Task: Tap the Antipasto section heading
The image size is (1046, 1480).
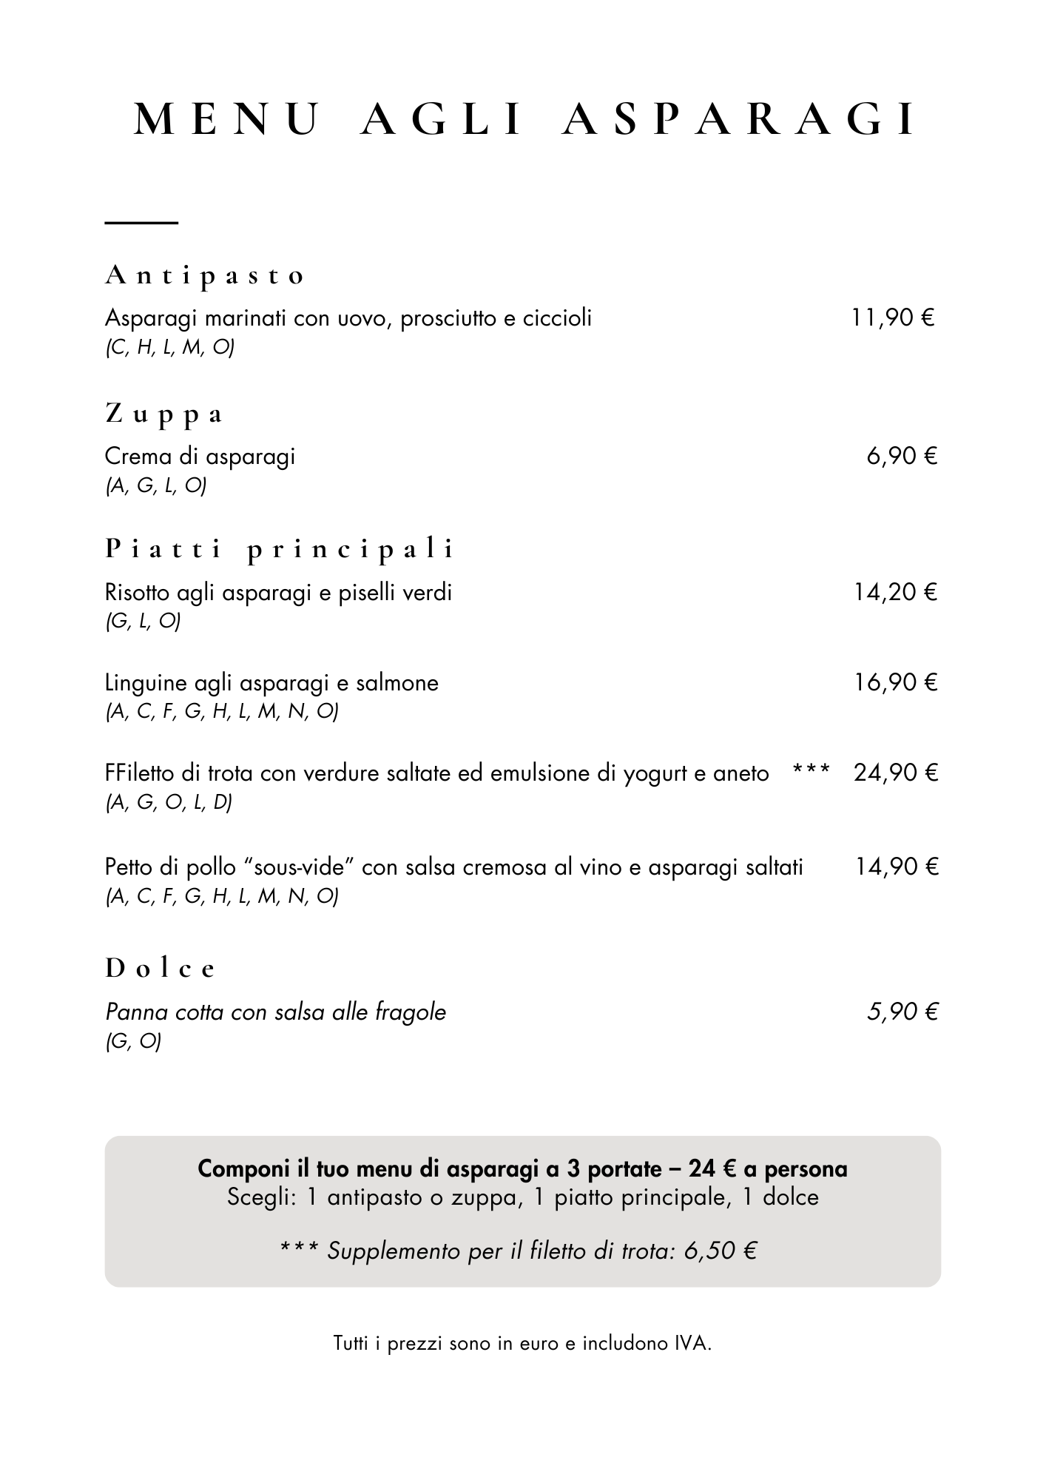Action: [x=204, y=275]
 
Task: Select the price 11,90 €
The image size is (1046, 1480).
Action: [x=893, y=318]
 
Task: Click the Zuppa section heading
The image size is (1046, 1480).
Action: [x=163, y=414]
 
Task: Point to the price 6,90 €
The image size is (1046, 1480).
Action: [x=902, y=456]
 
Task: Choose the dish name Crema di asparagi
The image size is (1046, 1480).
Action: [x=200, y=456]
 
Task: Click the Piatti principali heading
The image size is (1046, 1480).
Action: [x=280, y=549]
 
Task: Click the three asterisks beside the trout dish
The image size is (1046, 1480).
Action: [x=811, y=770]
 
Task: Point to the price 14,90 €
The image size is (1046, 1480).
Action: [x=897, y=867]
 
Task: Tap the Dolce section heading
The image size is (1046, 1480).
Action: [x=160, y=968]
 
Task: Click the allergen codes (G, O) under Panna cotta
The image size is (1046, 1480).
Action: [x=133, y=1041]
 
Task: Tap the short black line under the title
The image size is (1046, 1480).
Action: [x=141, y=222]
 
